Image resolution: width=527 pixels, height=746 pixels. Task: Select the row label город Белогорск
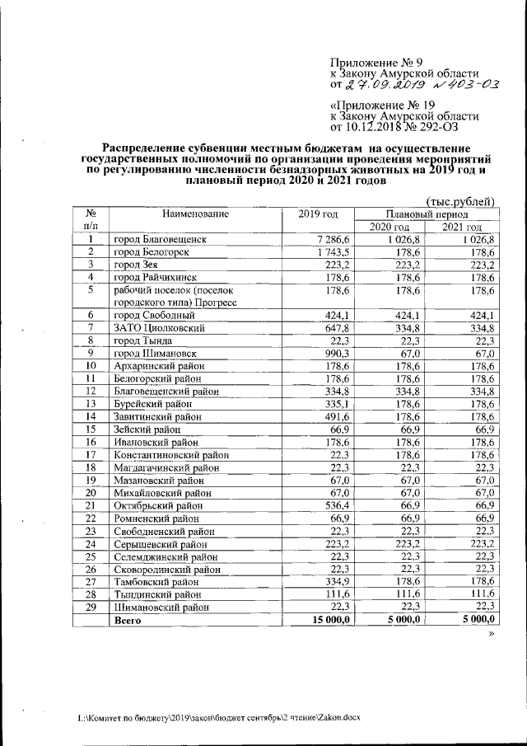point(153,251)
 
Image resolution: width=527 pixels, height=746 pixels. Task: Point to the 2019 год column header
point(319,214)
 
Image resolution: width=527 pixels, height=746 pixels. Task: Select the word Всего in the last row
point(128,619)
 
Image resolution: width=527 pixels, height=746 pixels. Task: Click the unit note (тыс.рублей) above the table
point(460,200)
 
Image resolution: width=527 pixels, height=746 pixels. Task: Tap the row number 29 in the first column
point(91,606)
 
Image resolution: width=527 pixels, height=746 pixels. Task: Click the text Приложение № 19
point(381,106)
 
